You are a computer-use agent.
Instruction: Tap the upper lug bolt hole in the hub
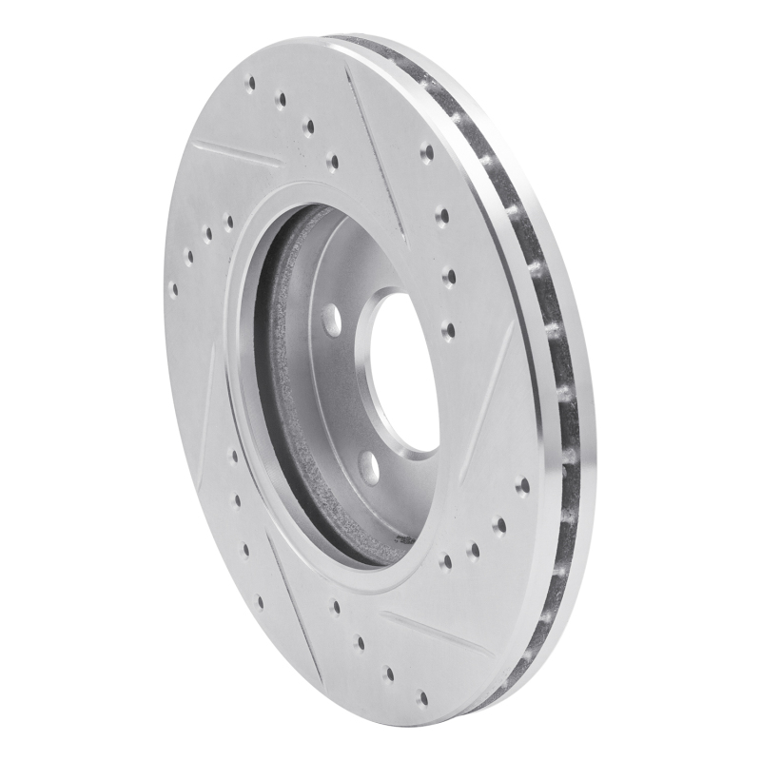click(x=332, y=320)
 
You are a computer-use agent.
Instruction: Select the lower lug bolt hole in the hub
click(x=368, y=467)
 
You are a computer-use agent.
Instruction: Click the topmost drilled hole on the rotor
click(x=250, y=84)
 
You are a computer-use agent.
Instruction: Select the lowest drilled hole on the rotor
click(x=422, y=699)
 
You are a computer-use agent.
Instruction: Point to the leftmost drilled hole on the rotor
click(x=172, y=287)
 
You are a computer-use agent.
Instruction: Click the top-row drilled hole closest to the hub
click(x=331, y=161)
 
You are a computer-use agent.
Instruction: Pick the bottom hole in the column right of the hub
click(x=448, y=330)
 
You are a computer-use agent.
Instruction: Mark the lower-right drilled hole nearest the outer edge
click(x=522, y=485)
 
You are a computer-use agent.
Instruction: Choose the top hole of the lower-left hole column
click(x=233, y=456)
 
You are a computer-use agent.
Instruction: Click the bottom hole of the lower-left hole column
click(x=259, y=601)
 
